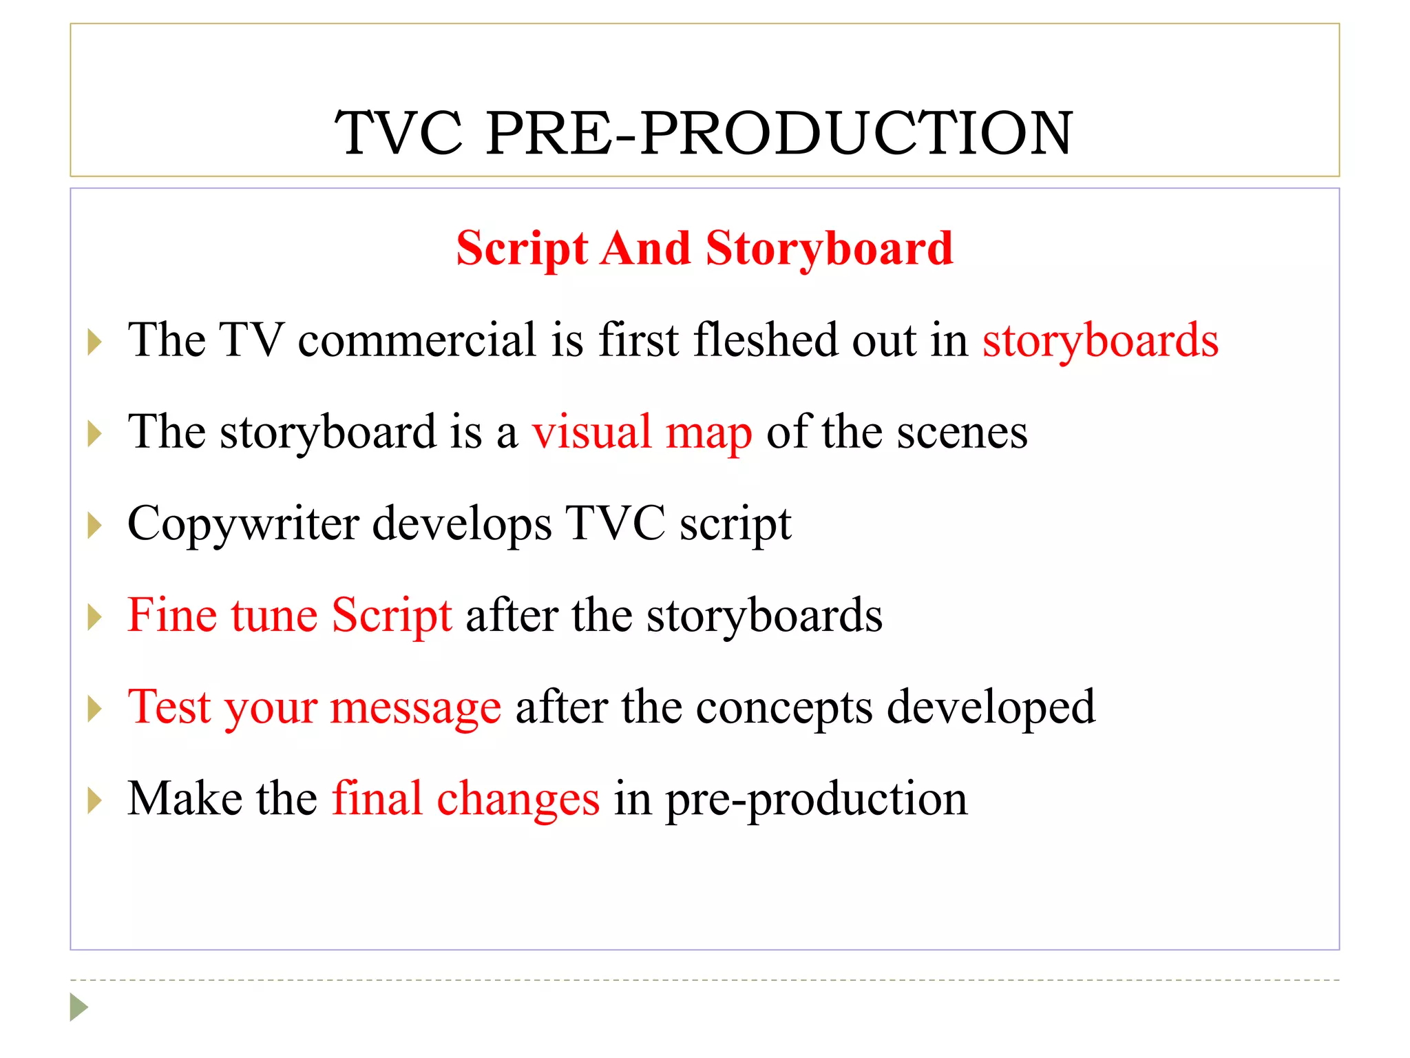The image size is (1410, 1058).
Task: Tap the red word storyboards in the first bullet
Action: (x=1099, y=340)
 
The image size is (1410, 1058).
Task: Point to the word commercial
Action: (x=417, y=340)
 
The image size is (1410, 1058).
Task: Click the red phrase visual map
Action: (x=642, y=433)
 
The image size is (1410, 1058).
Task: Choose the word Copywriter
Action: (x=243, y=524)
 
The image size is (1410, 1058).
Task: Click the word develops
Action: (x=462, y=524)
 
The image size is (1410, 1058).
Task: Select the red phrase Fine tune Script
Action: (x=290, y=615)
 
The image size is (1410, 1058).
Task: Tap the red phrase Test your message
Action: (x=315, y=707)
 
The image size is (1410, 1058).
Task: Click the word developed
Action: (x=991, y=707)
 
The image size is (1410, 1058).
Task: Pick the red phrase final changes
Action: (x=466, y=799)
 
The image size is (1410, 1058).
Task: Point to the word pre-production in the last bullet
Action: (x=816, y=799)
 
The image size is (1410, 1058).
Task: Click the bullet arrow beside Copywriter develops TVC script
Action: (x=95, y=526)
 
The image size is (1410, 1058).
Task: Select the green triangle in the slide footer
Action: (x=78, y=1007)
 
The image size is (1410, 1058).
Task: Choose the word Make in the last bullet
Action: (x=185, y=799)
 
